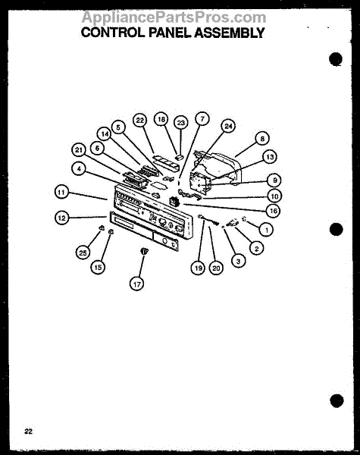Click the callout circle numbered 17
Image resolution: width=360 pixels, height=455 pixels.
pyautogui.click(x=136, y=284)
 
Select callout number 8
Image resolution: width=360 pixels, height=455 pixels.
pyautogui.click(x=262, y=139)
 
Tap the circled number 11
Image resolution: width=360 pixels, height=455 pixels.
pyautogui.click(x=61, y=192)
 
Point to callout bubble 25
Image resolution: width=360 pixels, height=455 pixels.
pyautogui.click(x=83, y=253)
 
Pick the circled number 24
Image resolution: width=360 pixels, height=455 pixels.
pyautogui.click(x=229, y=126)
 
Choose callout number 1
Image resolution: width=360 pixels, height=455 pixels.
pyautogui.click(x=266, y=230)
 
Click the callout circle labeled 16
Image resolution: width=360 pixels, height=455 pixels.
pyautogui.click(x=274, y=211)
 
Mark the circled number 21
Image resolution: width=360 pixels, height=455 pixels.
pyautogui.click(x=79, y=150)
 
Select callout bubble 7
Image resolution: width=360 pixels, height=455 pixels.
pyautogui.click(x=202, y=119)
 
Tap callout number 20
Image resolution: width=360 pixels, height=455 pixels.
pyautogui.click(x=216, y=268)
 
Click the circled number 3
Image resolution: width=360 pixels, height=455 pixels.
pyautogui.click(x=238, y=261)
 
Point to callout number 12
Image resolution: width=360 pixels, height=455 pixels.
pyautogui.click(x=62, y=218)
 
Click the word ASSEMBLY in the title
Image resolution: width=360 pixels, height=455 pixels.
pyautogui.click(x=229, y=33)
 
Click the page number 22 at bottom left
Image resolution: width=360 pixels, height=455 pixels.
pyautogui.click(x=29, y=431)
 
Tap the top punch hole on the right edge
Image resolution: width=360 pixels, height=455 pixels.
pyautogui.click(x=336, y=59)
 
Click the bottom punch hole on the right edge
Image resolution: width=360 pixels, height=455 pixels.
pyautogui.click(x=337, y=400)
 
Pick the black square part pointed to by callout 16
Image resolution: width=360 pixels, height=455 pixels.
pyautogui.click(x=174, y=201)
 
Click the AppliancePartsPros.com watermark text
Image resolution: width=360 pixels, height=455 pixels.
pyautogui.click(x=174, y=17)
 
